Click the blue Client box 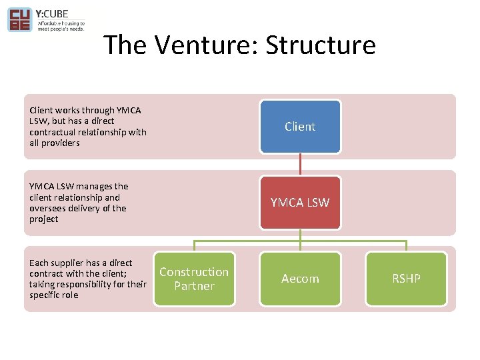click(300, 127)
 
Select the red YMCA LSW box click(300, 203)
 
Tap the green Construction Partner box click(194, 279)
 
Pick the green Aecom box click(300, 279)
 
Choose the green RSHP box click(406, 279)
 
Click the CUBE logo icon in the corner click(19, 19)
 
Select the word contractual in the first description click(53, 132)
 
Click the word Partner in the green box click(194, 286)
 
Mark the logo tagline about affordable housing click(60, 26)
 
